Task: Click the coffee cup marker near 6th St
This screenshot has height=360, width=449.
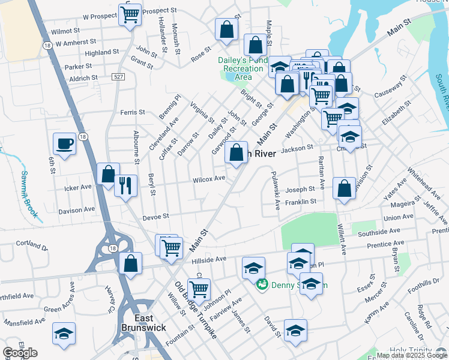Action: click(65, 144)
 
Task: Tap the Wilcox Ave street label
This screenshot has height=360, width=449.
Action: click(209, 179)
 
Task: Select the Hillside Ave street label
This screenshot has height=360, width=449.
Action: click(208, 259)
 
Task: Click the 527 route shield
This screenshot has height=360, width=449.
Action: click(118, 76)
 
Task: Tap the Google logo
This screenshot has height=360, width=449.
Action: click(20, 353)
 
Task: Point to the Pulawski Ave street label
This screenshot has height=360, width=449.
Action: click(276, 190)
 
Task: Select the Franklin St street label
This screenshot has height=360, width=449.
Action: click(301, 202)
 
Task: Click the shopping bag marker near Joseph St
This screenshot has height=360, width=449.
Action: click(344, 188)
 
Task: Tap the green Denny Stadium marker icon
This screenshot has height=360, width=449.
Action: click(262, 285)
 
